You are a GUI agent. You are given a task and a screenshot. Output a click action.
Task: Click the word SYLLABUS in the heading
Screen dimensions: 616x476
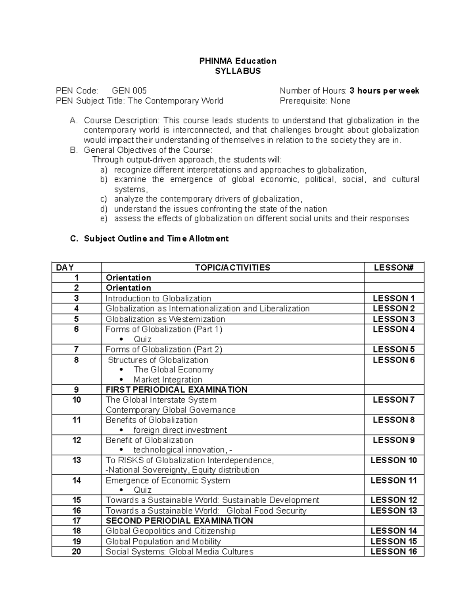(x=238, y=71)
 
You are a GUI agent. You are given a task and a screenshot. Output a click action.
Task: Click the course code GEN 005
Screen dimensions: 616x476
(x=129, y=91)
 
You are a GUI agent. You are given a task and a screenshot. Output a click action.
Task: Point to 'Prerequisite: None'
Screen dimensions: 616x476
(x=315, y=101)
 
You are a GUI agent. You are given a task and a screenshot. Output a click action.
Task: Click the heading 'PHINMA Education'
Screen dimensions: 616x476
(x=238, y=61)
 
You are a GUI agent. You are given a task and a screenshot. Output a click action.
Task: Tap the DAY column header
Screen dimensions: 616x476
(x=65, y=267)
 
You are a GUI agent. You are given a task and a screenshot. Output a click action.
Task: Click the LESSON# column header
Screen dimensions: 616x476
(x=393, y=267)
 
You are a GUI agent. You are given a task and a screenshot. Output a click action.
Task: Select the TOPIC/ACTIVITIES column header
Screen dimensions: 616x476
(x=232, y=267)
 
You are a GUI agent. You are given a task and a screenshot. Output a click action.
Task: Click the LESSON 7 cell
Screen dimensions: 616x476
(x=393, y=400)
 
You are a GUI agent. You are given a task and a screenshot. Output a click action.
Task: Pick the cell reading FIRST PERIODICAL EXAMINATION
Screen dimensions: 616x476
(x=177, y=390)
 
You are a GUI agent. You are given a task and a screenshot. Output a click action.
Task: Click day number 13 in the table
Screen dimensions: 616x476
(x=77, y=460)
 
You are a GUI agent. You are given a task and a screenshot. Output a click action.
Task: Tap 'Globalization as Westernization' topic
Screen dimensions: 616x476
(x=165, y=319)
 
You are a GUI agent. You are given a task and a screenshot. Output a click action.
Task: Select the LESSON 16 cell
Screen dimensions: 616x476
(x=393, y=551)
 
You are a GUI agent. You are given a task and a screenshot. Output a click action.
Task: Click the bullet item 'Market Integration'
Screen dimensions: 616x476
(x=168, y=380)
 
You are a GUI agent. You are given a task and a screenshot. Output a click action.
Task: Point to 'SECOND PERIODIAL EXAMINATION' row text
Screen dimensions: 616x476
(x=179, y=520)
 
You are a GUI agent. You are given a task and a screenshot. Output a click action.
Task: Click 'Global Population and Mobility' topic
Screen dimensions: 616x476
(x=163, y=541)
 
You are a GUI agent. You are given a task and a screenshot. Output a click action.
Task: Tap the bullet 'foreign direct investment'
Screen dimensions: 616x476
(x=180, y=430)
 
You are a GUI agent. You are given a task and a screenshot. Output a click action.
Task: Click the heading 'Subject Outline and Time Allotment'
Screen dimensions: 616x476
(x=156, y=238)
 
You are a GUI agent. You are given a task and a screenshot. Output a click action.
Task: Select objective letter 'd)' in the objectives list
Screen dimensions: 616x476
(x=104, y=209)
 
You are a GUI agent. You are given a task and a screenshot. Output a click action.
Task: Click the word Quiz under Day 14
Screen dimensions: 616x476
(x=142, y=490)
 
